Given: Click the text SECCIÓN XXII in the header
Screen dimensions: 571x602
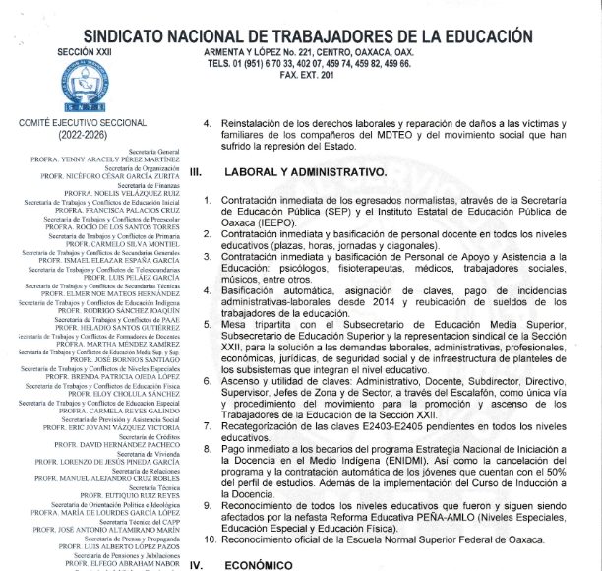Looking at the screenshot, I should [x=59, y=48].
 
